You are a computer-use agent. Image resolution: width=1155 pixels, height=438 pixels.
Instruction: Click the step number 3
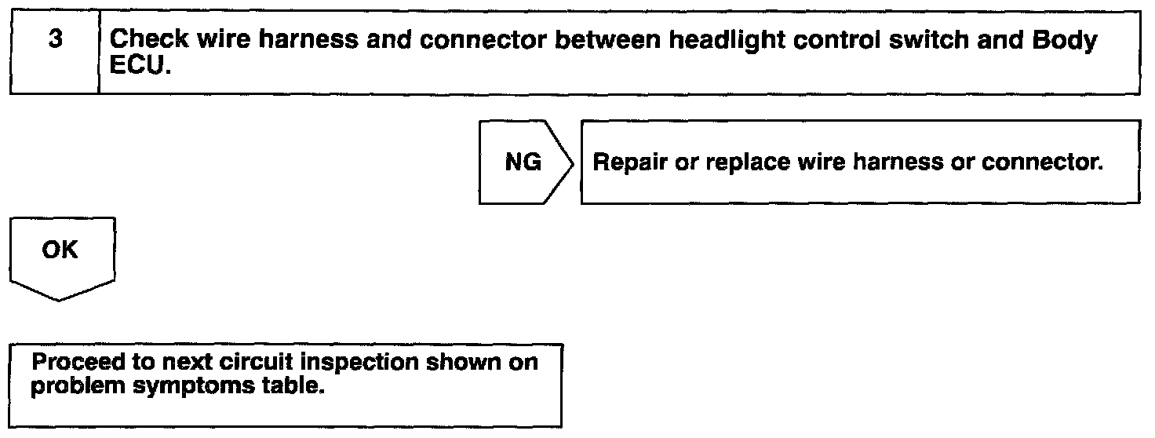(55, 40)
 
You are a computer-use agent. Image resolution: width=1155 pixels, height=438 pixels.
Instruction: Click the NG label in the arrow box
(522, 162)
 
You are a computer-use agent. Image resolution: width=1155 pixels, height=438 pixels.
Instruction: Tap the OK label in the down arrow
(60, 250)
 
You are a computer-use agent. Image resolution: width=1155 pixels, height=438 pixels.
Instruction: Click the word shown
(465, 363)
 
